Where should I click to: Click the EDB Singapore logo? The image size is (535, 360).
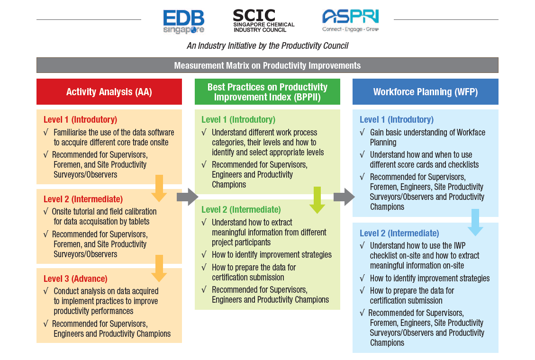tap(184, 22)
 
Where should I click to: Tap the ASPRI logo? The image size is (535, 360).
tap(350, 21)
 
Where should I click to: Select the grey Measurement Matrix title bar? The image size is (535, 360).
tap(267, 65)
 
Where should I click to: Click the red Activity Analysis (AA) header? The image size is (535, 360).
tap(109, 91)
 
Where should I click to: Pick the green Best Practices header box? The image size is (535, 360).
tap(267, 92)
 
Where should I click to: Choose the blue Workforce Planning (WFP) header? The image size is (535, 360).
tap(425, 91)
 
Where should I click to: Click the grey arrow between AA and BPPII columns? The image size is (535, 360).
tap(188, 197)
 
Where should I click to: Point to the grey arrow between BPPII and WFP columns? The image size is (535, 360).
tap(344, 197)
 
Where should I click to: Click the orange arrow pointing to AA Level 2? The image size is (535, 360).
tap(159, 188)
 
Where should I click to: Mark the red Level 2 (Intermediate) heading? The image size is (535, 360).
tap(83, 199)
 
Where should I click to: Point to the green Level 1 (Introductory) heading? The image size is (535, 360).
tap(238, 119)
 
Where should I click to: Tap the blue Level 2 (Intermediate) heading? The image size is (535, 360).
tap(399, 233)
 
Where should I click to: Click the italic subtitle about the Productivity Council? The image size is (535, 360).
tap(267, 46)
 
